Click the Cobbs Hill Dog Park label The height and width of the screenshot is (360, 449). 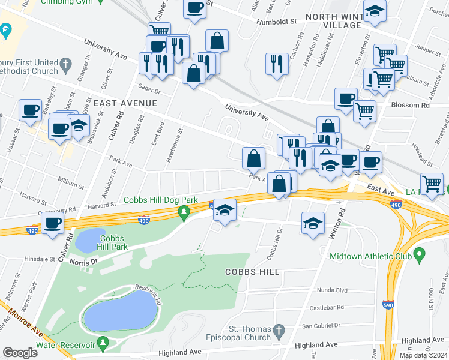tap(160, 200)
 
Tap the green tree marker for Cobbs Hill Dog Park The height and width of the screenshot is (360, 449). tap(184, 212)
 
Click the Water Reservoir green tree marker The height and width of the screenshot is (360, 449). tap(103, 343)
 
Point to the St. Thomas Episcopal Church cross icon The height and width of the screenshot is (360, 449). tap(279, 331)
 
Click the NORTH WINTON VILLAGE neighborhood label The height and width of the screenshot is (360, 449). tap(334, 21)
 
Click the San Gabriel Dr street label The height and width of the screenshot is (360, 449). tap(321, 325)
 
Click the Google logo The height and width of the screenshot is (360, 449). tap(20, 352)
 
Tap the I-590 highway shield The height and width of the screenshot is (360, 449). tap(389, 305)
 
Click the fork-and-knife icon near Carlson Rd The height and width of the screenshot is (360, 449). tap(276, 63)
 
